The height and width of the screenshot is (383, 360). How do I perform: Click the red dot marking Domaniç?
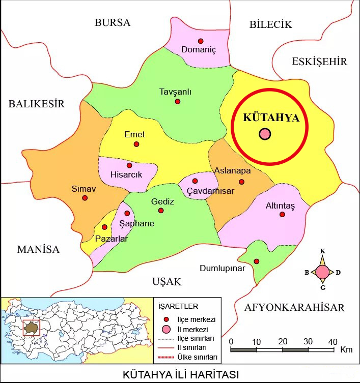tap(201, 41)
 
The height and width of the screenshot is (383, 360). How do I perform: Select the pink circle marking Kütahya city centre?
tap(265, 134)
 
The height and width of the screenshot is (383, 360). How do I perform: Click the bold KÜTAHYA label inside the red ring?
tap(270, 117)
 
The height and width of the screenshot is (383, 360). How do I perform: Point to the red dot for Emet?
tap(136, 144)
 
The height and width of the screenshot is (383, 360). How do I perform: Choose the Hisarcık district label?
tap(126, 174)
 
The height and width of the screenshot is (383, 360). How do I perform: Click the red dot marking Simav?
tap(85, 198)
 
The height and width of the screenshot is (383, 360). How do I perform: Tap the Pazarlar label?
tap(112, 239)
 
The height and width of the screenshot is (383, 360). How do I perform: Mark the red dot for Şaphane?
tap(127, 213)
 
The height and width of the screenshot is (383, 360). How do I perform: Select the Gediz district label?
tap(162, 201)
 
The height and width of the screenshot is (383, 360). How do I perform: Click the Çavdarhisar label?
tap(210, 190)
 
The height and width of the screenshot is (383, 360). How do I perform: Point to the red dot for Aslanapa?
tap(242, 182)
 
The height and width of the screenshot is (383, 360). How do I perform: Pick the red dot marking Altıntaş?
tap(283, 215)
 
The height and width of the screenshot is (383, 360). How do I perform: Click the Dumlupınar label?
tap(223, 268)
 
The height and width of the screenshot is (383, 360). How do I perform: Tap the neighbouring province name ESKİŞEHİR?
tap(319, 62)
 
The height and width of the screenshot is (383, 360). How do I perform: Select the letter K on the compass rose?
tap(322, 251)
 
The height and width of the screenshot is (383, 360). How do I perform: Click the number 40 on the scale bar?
tap(333, 341)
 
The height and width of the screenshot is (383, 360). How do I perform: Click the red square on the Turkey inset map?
tap(31, 328)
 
